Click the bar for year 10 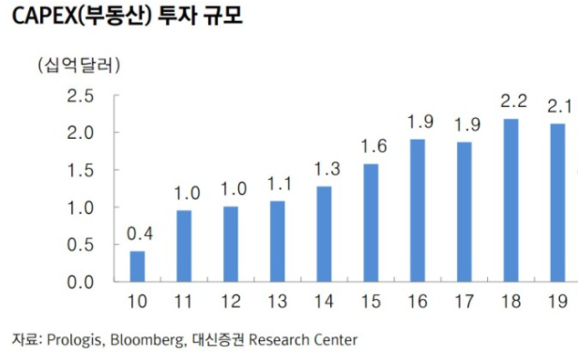(137, 266)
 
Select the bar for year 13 (277, 241)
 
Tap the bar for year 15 (371, 222)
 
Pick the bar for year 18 (511, 200)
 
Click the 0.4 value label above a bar (137, 232)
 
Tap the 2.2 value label (511, 100)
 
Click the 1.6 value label (372, 145)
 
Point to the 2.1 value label (559, 105)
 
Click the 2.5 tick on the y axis (80, 97)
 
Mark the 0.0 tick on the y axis (80, 281)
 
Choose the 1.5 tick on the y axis (80, 171)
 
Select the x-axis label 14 (325, 302)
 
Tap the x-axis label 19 (558, 302)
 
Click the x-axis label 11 (184, 302)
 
